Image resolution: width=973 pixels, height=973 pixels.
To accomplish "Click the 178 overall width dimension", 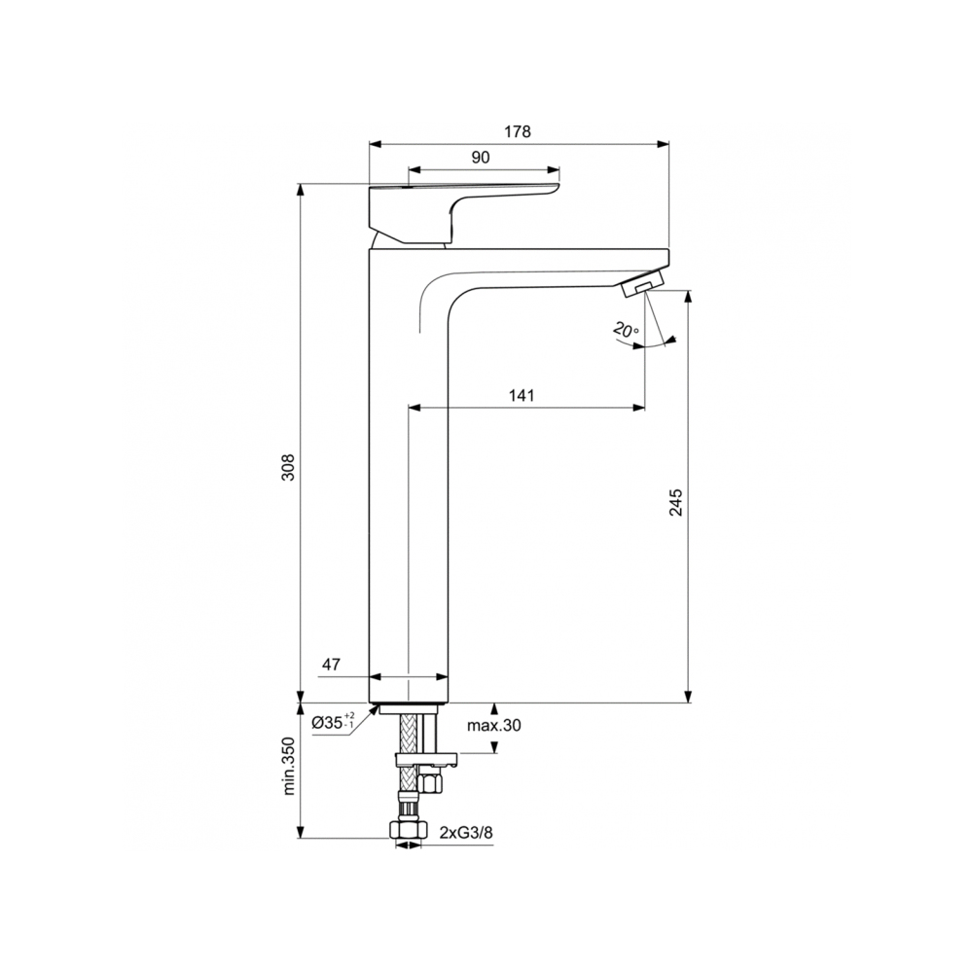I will pyautogui.click(x=518, y=132).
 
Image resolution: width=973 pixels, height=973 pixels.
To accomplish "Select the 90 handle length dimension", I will pyautogui.click(x=480, y=157).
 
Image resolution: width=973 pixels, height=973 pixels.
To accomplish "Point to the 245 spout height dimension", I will pyautogui.click(x=678, y=502).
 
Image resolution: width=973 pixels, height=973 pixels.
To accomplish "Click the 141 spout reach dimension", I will pyautogui.click(x=523, y=395).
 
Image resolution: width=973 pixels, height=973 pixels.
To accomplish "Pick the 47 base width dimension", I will pyautogui.click(x=331, y=665).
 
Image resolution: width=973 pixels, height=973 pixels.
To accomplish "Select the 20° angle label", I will pyautogui.click(x=627, y=330).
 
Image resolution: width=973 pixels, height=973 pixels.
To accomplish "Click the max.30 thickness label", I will pyautogui.click(x=493, y=726).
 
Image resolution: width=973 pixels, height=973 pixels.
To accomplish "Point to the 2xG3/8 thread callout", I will pyautogui.click(x=466, y=833).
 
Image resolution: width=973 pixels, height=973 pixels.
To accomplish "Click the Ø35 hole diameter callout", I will pyautogui.click(x=334, y=723).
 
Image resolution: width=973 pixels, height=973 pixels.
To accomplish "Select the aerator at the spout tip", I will pyautogui.click(x=641, y=285).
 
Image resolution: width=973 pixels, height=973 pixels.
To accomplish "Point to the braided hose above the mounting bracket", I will pyautogui.click(x=410, y=729).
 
